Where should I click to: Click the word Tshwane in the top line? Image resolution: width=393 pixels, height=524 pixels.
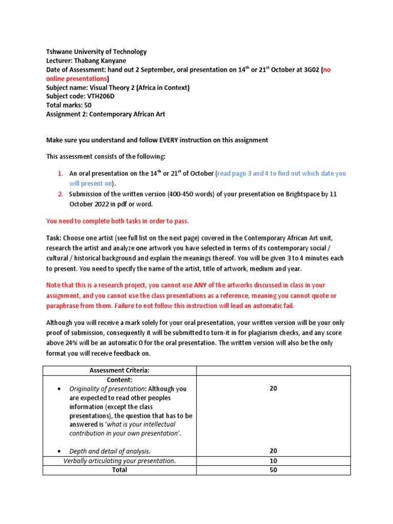[59, 52]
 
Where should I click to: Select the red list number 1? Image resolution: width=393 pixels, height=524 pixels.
[60, 173]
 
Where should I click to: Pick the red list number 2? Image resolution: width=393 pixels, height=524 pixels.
[60, 194]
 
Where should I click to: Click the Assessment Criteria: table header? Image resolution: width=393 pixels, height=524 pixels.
[119, 370]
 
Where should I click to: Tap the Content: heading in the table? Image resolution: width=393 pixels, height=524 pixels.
[119, 380]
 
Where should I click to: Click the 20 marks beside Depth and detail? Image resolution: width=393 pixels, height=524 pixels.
[273, 451]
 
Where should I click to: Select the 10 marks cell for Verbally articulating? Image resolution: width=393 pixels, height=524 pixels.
[273, 461]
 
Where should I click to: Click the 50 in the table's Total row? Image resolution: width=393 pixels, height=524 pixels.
[273, 470]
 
